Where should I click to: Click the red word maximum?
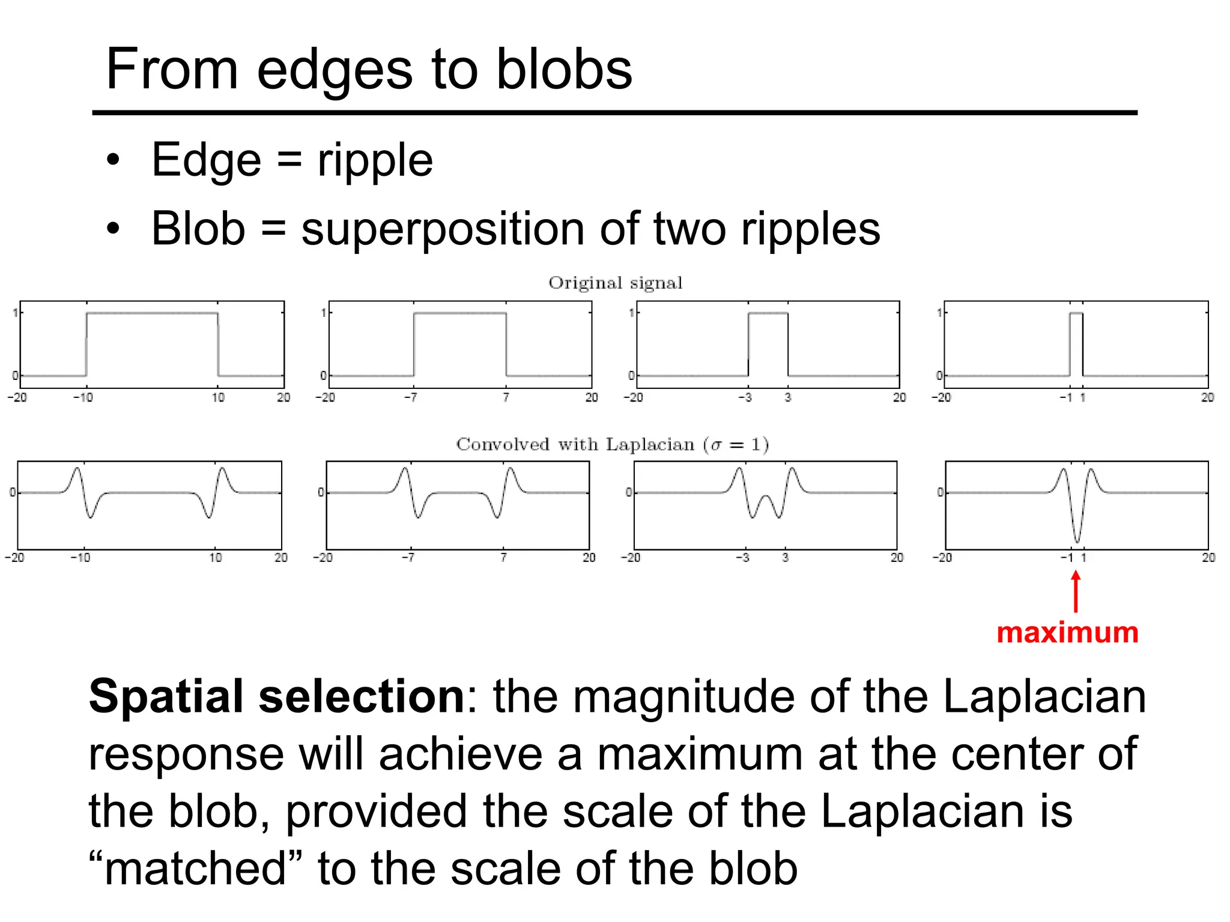pos(1067,633)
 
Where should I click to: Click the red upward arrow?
pos(1076,591)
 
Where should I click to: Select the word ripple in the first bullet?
pos(375,160)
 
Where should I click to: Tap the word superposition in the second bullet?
pos(443,229)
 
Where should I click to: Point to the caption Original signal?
pos(615,283)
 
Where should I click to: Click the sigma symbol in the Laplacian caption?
pos(715,445)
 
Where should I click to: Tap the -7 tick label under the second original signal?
pos(410,397)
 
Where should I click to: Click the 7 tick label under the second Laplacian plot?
pos(503,558)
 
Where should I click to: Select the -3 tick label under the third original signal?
pos(745,397)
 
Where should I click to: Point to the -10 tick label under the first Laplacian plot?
pos(80,558)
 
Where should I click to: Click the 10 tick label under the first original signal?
pos(218,397)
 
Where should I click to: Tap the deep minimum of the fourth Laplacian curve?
pos(1077,541)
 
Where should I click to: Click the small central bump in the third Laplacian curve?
pos(766,498)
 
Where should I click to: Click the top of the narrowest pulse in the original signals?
pos(1076,313)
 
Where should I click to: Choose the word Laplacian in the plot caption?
pos(650,445)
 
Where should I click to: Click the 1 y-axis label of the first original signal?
pos(15,313)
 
